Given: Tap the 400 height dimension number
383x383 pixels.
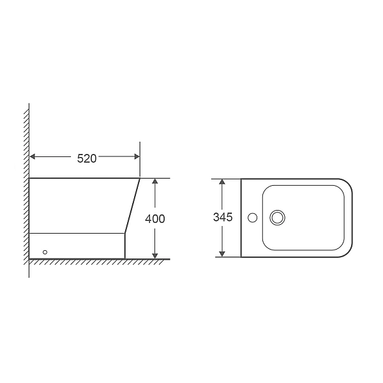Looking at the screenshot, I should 155,218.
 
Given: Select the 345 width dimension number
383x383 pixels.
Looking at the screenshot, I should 222,217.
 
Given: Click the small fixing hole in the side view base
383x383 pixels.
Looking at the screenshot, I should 45,252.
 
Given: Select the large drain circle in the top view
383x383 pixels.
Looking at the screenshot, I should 277,218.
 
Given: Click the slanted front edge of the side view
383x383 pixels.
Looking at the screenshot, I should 133,204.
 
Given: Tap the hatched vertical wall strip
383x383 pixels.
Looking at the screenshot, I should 26,191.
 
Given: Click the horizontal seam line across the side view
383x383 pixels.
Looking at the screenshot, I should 77,233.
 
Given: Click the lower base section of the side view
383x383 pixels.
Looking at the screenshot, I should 77,246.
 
